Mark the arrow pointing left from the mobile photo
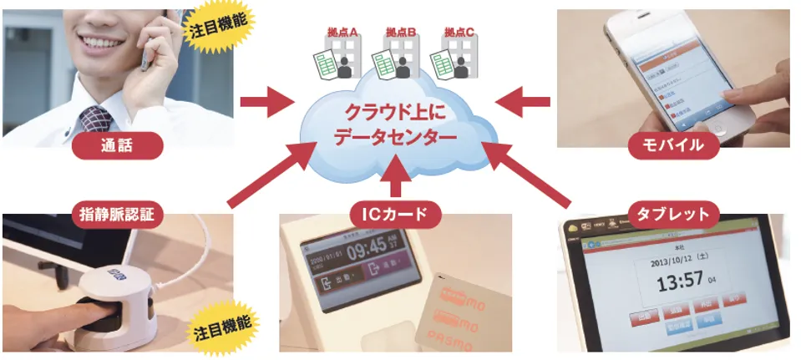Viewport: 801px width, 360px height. [523, 103]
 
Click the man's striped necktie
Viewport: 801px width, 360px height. [94, 119]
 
